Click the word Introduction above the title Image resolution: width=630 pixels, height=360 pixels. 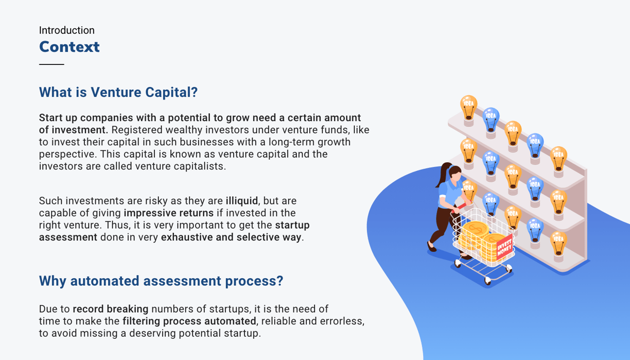tap(67, 30)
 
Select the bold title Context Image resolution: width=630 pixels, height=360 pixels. tap(69, 47)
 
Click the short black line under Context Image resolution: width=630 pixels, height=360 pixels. tap(51, 64)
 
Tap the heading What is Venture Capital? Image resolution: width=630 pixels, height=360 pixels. tap(118, 92)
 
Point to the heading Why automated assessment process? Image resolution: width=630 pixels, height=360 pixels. tap(161, 281)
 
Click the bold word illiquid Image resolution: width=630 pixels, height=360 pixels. tap(241, 201)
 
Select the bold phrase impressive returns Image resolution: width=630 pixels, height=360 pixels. tap(168, 213)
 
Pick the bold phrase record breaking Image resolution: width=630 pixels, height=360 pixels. tap(111, 309)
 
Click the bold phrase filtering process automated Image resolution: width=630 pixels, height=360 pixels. tap(189, 321)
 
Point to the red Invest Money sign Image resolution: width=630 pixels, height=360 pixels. tap(504, 247)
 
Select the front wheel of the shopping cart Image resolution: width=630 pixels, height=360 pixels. tap(488, 280)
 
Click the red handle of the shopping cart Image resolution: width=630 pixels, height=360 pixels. tap(459, 208)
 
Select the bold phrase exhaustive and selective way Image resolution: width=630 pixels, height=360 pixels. tap(231, 237)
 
